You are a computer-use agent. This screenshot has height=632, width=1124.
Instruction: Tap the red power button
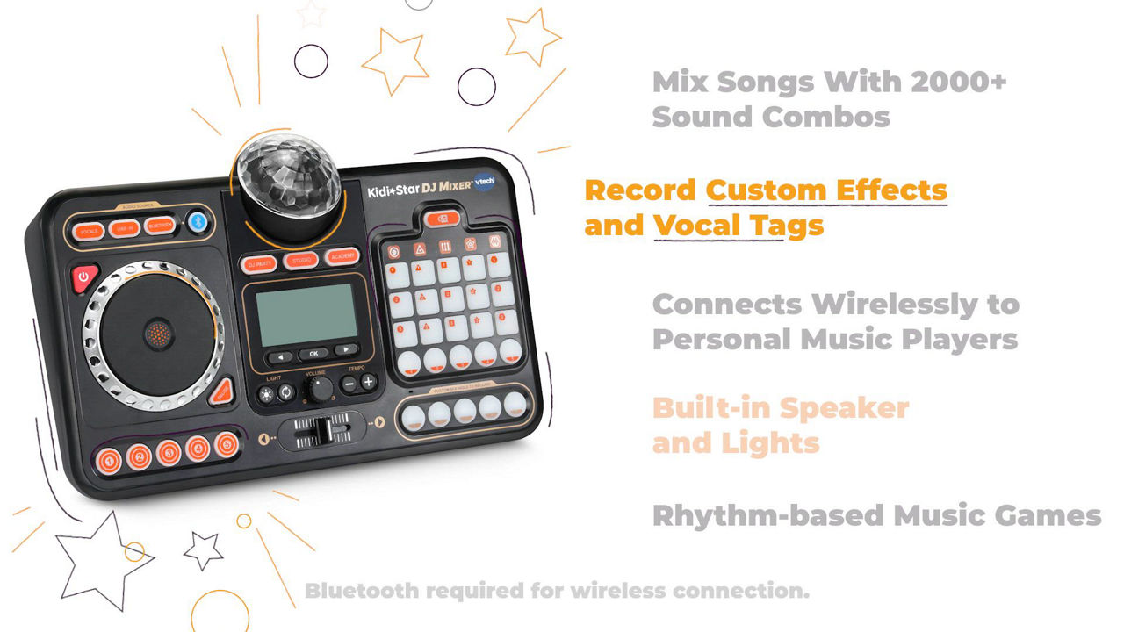click(x=83, y=276)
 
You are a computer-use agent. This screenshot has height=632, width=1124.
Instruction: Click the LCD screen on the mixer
click(x=306, y=314)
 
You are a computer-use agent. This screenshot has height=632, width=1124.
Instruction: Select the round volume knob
click(x=319, y=387)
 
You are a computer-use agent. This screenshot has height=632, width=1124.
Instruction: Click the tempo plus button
click(x=368, y=382)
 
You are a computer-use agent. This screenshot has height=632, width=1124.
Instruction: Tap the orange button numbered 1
click(x=108, y=459)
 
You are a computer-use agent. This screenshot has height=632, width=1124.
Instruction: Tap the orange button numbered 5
click(x=227, y=445)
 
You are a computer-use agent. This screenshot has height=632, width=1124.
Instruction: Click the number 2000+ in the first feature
click(x=957, y=83)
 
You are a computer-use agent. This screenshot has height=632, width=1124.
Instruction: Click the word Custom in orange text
click(x=767, y=190)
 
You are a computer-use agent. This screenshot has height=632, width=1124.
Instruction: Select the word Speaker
click(x=844, y=408)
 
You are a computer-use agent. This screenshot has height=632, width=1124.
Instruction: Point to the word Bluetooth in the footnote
click(x=362, y=591)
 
